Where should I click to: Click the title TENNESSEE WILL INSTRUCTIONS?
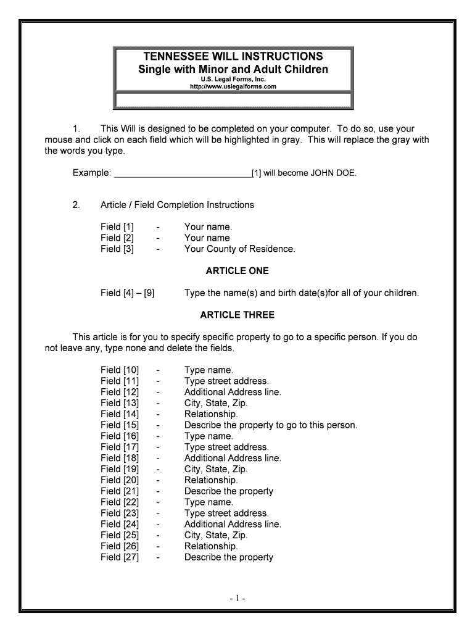[233, 56]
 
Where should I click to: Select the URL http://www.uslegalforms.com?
[233, 87]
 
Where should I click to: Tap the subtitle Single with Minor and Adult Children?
[233, 69]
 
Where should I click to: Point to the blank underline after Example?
[183, 173]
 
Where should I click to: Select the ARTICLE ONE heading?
[238, 271]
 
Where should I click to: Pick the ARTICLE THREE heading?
[238, 315]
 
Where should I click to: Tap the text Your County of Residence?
[240, 249]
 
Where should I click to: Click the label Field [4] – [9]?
[128, 293]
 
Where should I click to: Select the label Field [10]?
[120, 370]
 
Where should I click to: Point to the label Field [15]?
[120, 425]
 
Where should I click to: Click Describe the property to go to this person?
[271, 425]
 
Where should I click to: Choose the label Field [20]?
[120, 480]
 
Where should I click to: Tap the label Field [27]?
[120, 557]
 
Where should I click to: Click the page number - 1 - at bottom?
[238, 598]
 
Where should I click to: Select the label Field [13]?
[120, 403]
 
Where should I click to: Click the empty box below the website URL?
[233, 101]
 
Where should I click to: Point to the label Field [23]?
[120, 513]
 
